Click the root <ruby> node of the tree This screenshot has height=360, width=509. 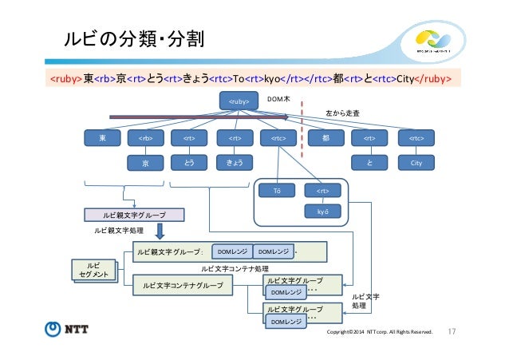(239, 101)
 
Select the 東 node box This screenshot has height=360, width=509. (101, 138)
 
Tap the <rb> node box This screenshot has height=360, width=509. (145, 138)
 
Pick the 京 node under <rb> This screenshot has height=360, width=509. (145, 163)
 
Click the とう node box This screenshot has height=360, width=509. (189, 163)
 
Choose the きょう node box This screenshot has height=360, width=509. (234, 163)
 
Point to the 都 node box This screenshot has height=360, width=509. (326, 138)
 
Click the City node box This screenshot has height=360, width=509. (416, 163)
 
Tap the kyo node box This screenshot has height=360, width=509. (322, 213)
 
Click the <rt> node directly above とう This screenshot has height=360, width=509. (189, 138)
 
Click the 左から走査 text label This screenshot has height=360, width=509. (349, 115)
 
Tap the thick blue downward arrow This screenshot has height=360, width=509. (160, 231)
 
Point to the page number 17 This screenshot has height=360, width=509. (452, 330)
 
